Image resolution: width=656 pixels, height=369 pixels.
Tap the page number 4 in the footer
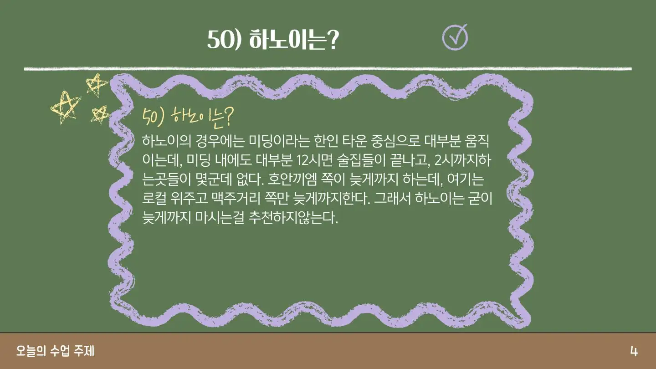click(x=634, y=351)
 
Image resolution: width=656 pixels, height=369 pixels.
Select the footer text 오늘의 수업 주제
click(x=56, y=351)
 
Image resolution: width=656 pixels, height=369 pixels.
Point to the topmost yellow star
click(x=97, y=85)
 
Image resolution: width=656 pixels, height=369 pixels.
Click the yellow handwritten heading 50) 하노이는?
click(x=188, y=118)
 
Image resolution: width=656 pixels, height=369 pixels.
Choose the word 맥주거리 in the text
click(x=236, y=198)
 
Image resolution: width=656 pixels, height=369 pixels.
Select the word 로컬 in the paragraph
click(x=154, y=198)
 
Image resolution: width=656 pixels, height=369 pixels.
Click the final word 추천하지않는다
click(x=293, y=217)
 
